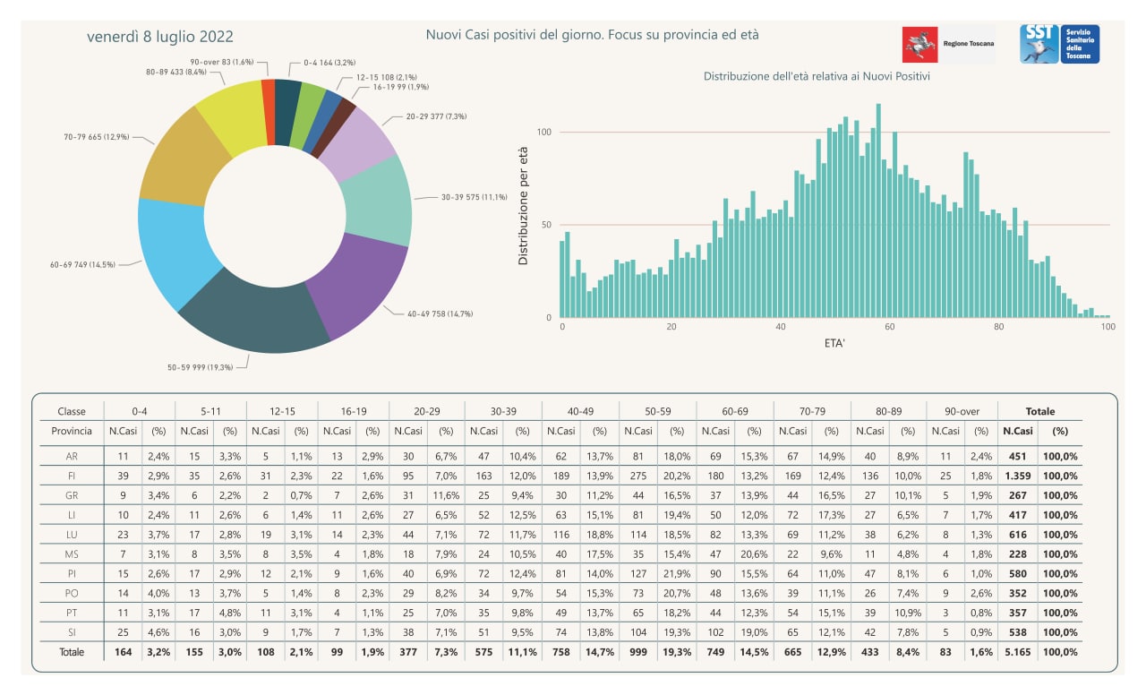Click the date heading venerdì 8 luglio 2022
159,37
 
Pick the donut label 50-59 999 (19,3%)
200,367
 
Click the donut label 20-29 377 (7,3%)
436,116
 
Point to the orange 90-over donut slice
268,113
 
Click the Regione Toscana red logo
919,45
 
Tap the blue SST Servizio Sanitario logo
1059,44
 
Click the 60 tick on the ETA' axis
890,327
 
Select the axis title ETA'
834,343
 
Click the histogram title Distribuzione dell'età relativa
817,76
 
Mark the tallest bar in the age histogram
878,210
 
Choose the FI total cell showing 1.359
1018,476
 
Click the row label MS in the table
72,554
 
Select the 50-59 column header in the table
657,411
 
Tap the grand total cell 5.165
1018,653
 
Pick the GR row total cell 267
1018,495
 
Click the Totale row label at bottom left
72,653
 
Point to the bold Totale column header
1040,411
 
